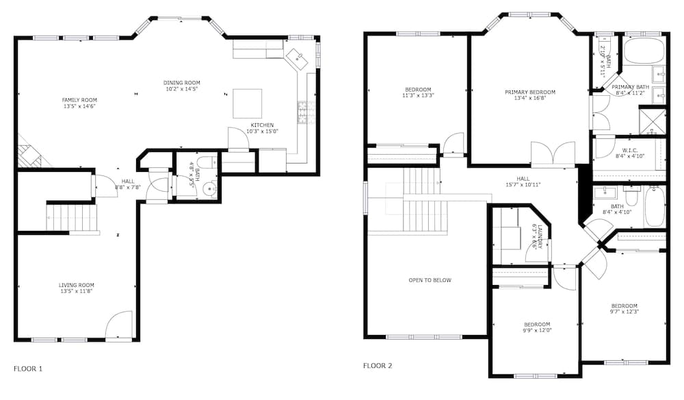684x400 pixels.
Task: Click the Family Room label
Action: pyautogui.click(x=79, y=100)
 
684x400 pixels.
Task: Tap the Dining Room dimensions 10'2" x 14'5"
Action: pyautogui.click(x=181, y=89)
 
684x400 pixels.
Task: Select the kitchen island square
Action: pyautogui.click(x=247, y=103)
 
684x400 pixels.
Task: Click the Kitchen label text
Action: pyautogui.click(x=263, y=125)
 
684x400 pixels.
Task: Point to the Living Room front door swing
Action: pyautogui.click(x=119, y=325)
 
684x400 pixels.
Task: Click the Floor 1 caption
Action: pyautogui.click(x=28, y=368)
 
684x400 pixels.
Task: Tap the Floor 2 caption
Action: pyautogui.click(x=378, y=366)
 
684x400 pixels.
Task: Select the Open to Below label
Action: pyautogui.click(x=430, y=280)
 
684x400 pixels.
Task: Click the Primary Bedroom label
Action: pyautogui.click(x=530, y=92)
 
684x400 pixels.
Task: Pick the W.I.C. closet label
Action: pyautogui.click(x=630, y=151)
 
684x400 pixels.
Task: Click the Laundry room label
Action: pyautogui.click(x=540, y=236)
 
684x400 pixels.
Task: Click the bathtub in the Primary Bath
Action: pyautogui.click(x=644, y=51)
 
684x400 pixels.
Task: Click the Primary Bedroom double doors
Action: pyautogui.click(x=553, y=155)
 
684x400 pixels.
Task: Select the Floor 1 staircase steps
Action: pyautogui.click(x=73, y=218)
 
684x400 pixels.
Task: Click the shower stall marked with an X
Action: pyautogui.click(x=652, y=122)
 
